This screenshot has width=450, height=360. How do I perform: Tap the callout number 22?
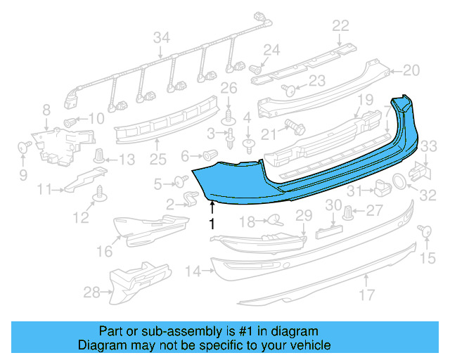[x=340, y=26]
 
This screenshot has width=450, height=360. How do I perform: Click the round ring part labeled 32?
[x=398, y=181]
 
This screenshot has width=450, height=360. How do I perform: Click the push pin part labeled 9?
[x=22, y=148]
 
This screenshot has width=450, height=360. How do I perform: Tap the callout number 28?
[x=91, y=291]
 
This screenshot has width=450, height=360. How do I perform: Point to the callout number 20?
[x=411, y=70]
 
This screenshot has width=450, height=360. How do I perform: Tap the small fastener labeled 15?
[x=424, y=231]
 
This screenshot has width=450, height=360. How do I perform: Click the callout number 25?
[x=155, y=160]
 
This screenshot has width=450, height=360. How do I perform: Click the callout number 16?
[x=104, y=251]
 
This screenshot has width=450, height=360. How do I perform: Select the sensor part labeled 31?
[x=381, y=187]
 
